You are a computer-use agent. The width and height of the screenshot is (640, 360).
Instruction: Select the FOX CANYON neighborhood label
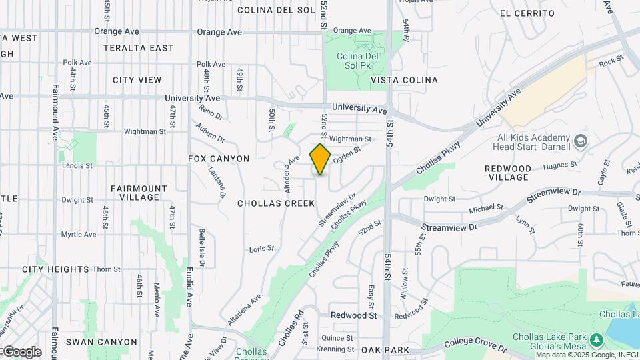[219, 159]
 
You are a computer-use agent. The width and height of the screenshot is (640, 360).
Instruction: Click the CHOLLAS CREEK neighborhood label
[276, 203]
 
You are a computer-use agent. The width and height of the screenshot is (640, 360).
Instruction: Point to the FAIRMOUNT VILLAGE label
[135, 193]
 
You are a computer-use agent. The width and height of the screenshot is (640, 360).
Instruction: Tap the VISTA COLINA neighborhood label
[404, 80]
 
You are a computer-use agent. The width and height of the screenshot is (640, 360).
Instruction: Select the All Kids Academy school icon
[581, 141]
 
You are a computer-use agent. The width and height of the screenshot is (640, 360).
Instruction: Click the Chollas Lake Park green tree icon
[597, 341]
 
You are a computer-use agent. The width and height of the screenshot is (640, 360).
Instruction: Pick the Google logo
[21, 351]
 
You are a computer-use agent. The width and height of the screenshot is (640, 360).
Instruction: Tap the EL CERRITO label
[527, 13]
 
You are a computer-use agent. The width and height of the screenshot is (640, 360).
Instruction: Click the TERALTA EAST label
[139, 48]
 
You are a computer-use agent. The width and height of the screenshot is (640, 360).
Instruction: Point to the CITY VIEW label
[137, 80]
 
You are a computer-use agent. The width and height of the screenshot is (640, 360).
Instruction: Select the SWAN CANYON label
[101, 342]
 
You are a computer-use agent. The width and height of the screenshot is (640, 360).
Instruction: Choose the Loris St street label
[261, 249]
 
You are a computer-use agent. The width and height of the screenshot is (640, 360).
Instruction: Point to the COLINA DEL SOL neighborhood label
[276, 10]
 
